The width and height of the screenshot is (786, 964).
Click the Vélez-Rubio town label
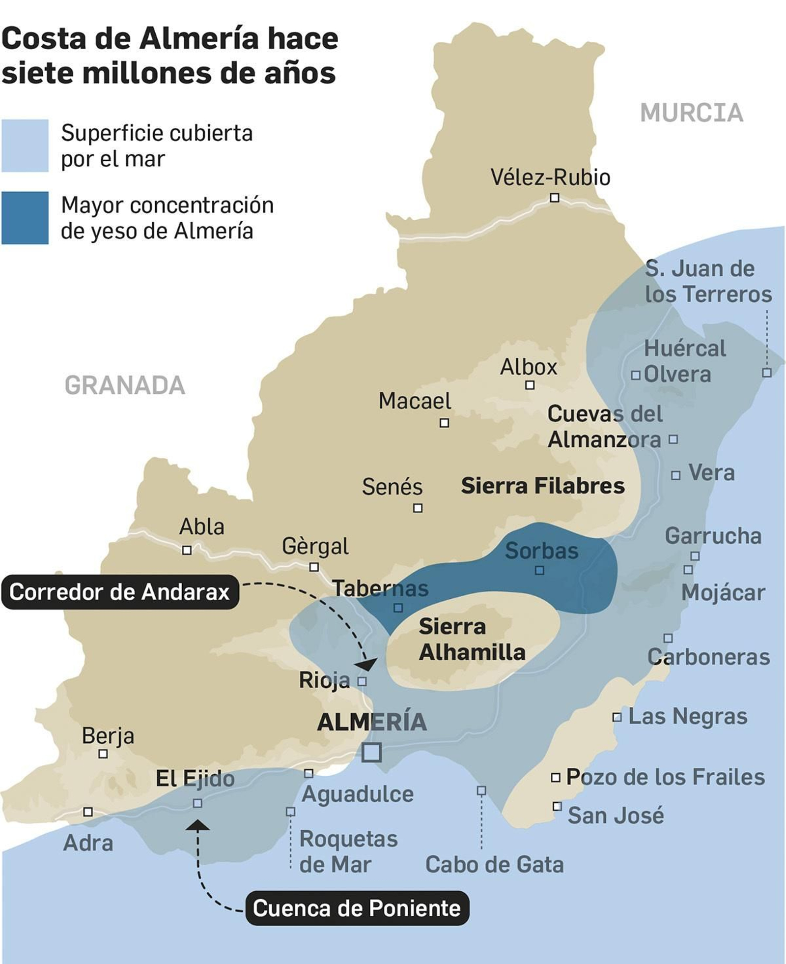(x=550, y=177)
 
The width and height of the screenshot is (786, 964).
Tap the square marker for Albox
(x=530, y=385)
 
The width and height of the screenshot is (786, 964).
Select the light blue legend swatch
(x=25, y=146)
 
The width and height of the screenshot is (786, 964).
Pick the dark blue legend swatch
(x=25, y=218)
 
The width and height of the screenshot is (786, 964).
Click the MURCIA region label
(x=692, y=113)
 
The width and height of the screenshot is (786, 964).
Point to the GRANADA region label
(x=125, y=385)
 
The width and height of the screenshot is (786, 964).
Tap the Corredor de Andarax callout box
(x=119, y=592)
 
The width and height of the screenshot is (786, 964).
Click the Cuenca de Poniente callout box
(x=357, y=908)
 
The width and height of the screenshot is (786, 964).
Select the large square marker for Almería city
(x=371, y=753)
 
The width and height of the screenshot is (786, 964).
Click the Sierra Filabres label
(x=543, y=486)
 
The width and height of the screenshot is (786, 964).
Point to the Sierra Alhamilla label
(x=472, y=640)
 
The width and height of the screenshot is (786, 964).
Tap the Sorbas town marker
(x=539, y=570)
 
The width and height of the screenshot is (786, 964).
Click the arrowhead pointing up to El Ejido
(x=197, y=825)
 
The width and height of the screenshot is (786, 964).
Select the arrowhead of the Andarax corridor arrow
(x=366, y=665)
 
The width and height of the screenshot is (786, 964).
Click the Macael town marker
(x=444, y=423)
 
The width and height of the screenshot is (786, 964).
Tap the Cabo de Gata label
(x=494, y=865)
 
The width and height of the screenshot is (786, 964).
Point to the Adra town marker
(x=88, y=812)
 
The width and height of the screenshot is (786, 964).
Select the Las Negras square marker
(x=617, y=717)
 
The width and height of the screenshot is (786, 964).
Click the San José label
(x=616, y=816)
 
